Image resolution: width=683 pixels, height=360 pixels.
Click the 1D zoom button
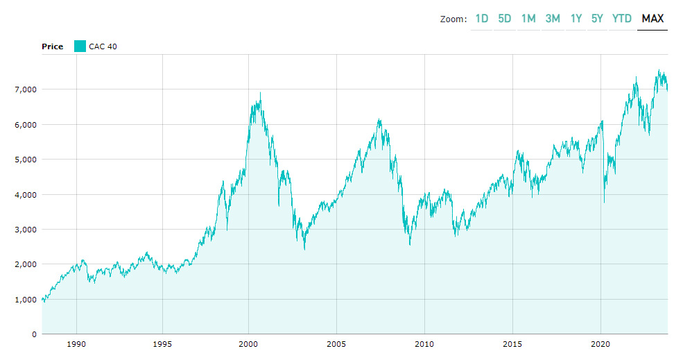pyautogui.click(x=482, y=19)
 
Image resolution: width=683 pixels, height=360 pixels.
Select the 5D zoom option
pyautogui.click(x=505, y=19)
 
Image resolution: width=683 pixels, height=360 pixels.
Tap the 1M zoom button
pyautogui.click(x=528, y=19)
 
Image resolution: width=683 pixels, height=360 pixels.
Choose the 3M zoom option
pyautogui.click(x=553, y=19)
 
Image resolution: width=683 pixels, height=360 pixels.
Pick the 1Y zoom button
pyautogui.click(x=576, y=19)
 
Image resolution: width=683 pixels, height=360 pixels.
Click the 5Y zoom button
pyautogui.click(x=597, y=19)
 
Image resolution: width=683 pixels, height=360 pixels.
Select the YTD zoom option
pyautogui.click(x=622, y=19)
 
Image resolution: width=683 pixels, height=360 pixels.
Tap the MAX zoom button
pyautogui.click(x=652, y=19)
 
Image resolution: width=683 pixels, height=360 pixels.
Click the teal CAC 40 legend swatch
pyautogui.click(x=80, y=46)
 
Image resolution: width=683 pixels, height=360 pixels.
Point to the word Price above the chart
pyautogui.click(x=52, y=46)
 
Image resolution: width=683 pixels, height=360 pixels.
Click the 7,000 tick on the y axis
pyautogui.click(x=25, y=89)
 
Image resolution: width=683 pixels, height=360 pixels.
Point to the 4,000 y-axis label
pyautogui.click(x=25, y=194)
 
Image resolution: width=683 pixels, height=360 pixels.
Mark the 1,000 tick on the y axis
pyautogui.click(x=25, y=299)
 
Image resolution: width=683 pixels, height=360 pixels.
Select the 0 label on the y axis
pyautogui.click(x=33, y=334)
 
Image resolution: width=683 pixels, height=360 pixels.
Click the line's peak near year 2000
pyautogui.click(x=260, y=93)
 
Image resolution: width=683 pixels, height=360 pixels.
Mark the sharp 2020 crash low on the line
pyautogui.click(x=604, y=202)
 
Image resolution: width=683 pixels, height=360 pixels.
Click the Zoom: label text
pyautogui.click(x=453, y=19)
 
